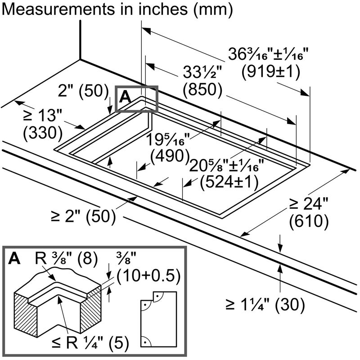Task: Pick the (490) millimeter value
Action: click(170, 156)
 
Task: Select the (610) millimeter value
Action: click(309, 221)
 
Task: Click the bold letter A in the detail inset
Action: click(14, 259)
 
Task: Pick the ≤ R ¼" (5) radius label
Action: click(90, 344)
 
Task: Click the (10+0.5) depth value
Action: click(149, 275)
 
